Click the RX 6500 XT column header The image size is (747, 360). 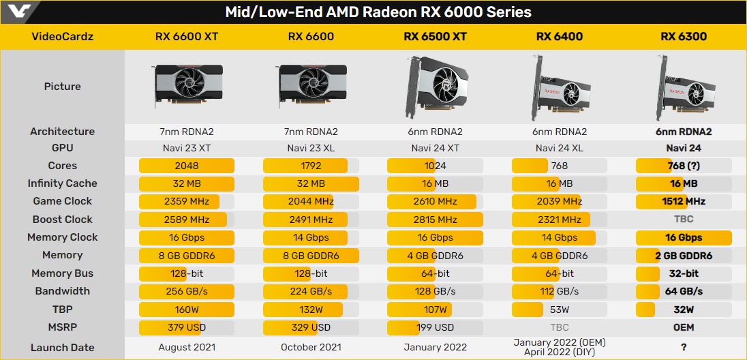click(x=435, y=36)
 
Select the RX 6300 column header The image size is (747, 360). click(x=683, y=36)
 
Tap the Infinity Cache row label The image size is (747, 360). click(x=62, y=183)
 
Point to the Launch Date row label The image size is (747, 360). click(x=62, y=348)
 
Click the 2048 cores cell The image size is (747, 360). click(x=187, y=166)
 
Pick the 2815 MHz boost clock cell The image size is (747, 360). click(x=435, y=220)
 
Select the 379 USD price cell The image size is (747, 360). click(x=187, y=327)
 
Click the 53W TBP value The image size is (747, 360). click(x=559, y=310)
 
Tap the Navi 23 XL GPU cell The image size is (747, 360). click(x=311, y=148)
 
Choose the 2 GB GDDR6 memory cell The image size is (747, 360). click(x=683, y=256)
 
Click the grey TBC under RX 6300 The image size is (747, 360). click(x=683, y=220)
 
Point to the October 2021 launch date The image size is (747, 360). click(x=311, y=348)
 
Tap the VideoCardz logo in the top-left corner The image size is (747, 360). click(x=16, y=12)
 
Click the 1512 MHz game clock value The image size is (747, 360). click(x=683, y=201)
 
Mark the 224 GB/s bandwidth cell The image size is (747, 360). click(x=311, y=291)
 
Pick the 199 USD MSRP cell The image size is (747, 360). click(x=435, y=327)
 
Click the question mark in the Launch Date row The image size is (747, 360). click(x=683, y=348)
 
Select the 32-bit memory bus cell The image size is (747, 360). click(x=683, y=273)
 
